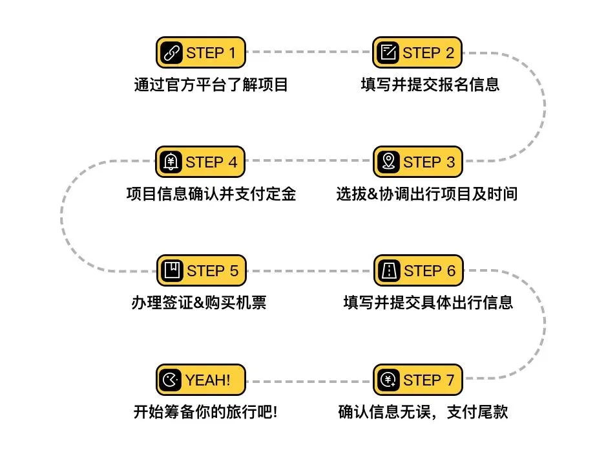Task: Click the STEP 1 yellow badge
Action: [201, 52]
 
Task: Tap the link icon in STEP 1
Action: [172, 53]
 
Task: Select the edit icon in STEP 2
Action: [388, 52]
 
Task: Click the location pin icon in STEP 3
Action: [389, 162]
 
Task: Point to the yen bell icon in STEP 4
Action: [171, 162]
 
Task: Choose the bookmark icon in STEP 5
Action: [172, 270]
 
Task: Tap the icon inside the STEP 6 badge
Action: [389, 270]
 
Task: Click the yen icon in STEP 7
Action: [389, 380]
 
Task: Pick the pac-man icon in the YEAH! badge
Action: [171, 380]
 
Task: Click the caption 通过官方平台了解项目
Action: [211, 85]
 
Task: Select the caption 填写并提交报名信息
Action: [430, 85]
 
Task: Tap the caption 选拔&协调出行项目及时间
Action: [426, 194]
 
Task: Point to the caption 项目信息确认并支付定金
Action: [211, 194]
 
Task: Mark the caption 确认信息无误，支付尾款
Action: [423, 412]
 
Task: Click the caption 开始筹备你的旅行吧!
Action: [205, 412]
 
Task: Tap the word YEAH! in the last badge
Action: [208, 380]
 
